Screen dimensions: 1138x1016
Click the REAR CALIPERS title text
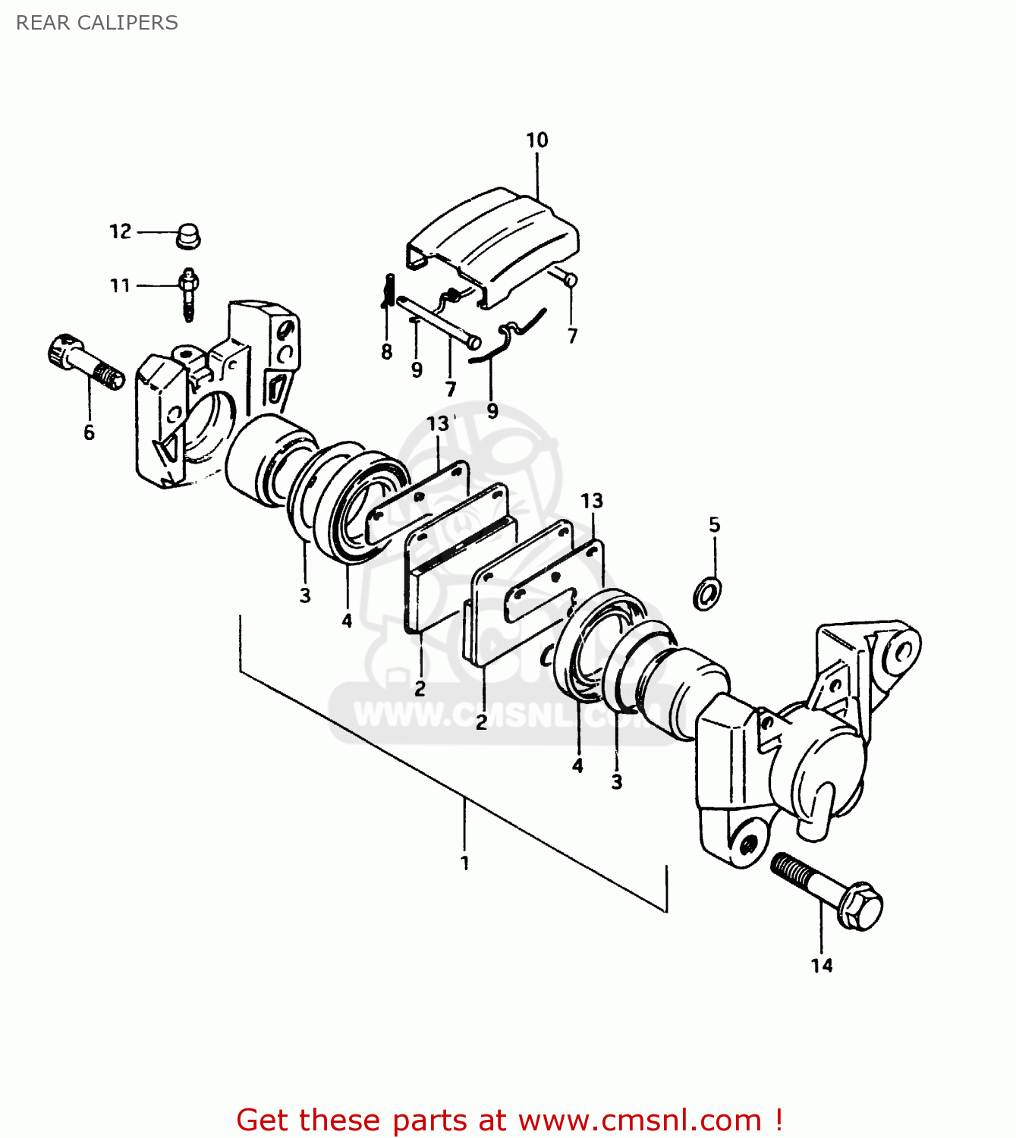(x=96, y=23)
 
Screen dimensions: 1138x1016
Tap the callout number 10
(x=536, y=140)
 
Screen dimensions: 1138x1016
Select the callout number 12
(x=121, y=231)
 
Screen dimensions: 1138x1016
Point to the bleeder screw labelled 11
(x=188, y=293)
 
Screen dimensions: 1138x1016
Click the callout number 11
(x=121, y=286)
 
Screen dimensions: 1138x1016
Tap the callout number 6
(x=90, y=432)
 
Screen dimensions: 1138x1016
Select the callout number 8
(x=387, y=352)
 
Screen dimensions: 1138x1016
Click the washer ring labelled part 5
(x=707, y=593)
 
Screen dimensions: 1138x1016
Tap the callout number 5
(x=714, y=525)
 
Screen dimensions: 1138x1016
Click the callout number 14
(x=822, y=966)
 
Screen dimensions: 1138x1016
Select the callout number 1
(x=464, y=863)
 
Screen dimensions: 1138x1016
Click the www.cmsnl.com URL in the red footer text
(x=640, y=1121)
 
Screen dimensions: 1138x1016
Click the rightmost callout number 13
(x=592, y=501)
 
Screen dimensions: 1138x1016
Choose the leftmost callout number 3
(x=305, y=596)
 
